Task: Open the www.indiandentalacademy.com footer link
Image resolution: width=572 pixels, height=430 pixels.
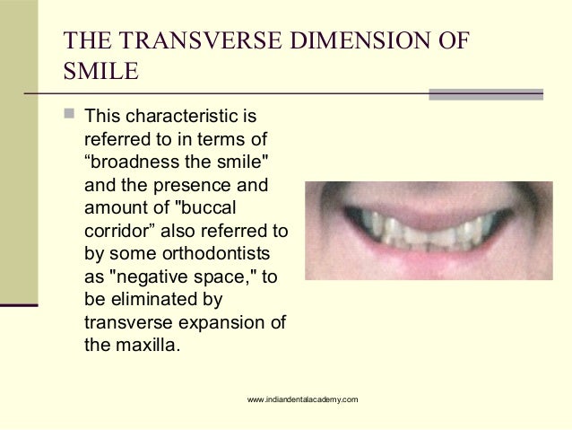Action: (304, 398)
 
